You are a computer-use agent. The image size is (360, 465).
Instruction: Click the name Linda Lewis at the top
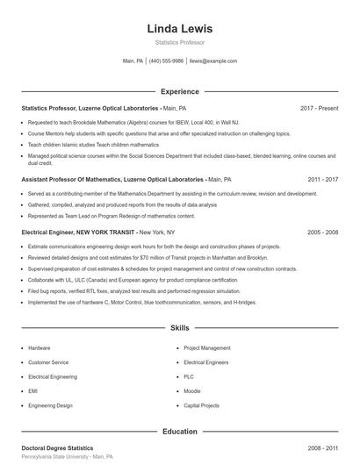(179, 28)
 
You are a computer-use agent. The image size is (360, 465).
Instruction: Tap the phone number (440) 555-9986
(166, 61)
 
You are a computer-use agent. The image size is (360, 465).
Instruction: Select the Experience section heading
(179, 90)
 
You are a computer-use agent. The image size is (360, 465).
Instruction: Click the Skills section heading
(179, 327)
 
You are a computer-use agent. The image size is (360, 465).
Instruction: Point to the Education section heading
(179, 431)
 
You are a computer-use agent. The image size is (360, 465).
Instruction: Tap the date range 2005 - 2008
(322, 232)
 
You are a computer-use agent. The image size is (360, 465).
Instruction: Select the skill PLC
(190, 376)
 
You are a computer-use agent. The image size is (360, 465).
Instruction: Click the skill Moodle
(192, 390)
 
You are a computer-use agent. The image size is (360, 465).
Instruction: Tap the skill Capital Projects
(202, 404)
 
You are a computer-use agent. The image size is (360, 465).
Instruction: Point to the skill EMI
(32, 390)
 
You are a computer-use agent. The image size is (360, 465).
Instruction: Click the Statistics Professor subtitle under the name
(179, 42)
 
